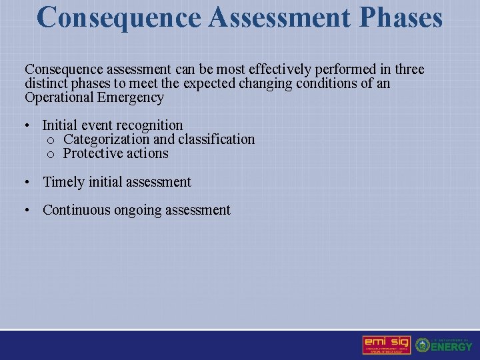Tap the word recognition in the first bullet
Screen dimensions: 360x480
pyautogui.click(x=151, y=125)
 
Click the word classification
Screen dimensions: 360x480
pyautogui.click(x=215, y=139)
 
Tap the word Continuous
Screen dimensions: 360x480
pyautogui.click(x=77, y=210)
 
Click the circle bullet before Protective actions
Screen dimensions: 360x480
pyautogui.click(x=51, y=154)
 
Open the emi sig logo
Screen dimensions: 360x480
pyautogui.click(x=386, y=345)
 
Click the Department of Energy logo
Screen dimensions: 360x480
pyautogui.click(x=444, y=345)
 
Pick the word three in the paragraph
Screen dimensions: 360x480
pyautogui.click(x=409, y=69)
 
